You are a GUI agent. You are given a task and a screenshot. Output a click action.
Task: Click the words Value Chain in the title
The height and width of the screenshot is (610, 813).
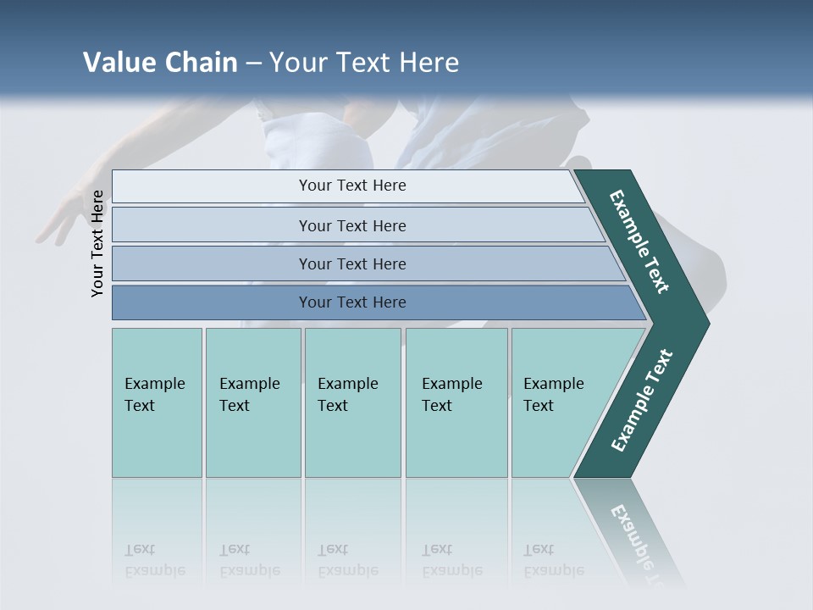tap(160, 63)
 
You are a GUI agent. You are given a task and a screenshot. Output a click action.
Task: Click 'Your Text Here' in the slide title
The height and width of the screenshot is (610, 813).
tap(364, 63)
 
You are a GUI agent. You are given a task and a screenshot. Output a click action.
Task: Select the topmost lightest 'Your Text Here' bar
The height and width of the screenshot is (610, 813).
tap(351, 186)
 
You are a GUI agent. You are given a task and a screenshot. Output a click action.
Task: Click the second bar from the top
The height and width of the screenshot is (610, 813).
tap(351, 225)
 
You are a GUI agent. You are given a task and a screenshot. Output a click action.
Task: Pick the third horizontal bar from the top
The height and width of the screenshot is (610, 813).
tap(351, 263)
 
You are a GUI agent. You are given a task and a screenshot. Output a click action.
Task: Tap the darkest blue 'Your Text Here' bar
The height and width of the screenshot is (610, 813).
tap(351, 302)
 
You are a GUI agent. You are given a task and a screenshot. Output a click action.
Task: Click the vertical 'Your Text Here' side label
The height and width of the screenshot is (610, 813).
tap(97, 243)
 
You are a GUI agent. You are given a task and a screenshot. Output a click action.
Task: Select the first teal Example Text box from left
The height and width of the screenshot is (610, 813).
tap(157, 402)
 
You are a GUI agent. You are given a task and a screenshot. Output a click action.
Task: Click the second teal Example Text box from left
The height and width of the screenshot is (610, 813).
tap(252, 402)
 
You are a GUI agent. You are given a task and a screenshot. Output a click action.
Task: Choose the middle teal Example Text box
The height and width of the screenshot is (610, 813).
tap(351, 402)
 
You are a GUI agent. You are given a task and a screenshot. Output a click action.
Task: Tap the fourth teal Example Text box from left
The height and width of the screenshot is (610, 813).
tap(456, 402)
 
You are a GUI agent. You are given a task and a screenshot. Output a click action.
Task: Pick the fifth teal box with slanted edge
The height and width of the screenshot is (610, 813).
tap(559, 402)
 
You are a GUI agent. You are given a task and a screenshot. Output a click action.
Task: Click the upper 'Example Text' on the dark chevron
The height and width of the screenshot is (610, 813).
tap(639, 241)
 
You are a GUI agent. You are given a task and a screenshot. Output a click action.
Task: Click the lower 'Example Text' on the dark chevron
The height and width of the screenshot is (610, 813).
tap(641, 401)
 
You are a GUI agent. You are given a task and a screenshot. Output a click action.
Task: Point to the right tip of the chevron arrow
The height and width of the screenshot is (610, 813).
tap(707, 323)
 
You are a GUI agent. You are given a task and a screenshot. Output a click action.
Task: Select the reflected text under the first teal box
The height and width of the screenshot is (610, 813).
tap(154, 560)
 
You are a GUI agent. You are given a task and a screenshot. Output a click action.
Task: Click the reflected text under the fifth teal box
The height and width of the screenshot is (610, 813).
tap(553, 560)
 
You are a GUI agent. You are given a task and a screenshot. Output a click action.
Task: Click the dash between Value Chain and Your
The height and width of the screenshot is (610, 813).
tap(253, 64)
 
